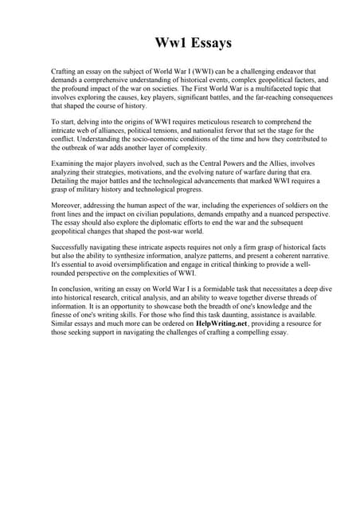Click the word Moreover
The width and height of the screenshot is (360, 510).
tap(66, 206)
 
